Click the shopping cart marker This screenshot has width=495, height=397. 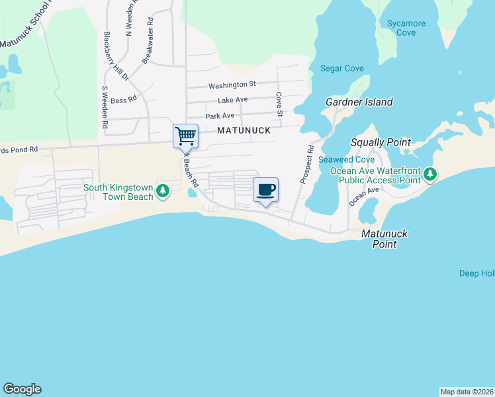coord(186,136)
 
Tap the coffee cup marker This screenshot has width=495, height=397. coord(265,190)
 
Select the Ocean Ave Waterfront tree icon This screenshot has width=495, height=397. coord(431,175)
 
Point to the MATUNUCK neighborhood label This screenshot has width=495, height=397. coord(245,130)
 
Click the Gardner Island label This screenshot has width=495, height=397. coord(359,102)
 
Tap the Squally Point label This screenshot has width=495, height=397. coord(381,142)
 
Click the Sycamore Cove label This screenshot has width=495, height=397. coord(406,28)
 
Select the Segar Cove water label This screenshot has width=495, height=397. coord(339,67)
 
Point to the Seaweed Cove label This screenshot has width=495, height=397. coord(347,160)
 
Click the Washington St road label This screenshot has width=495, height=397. coord(232,85)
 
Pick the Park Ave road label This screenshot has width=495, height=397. coord(220,116)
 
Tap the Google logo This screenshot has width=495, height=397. coord(22,389)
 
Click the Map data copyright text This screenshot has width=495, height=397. coord(467,392)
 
